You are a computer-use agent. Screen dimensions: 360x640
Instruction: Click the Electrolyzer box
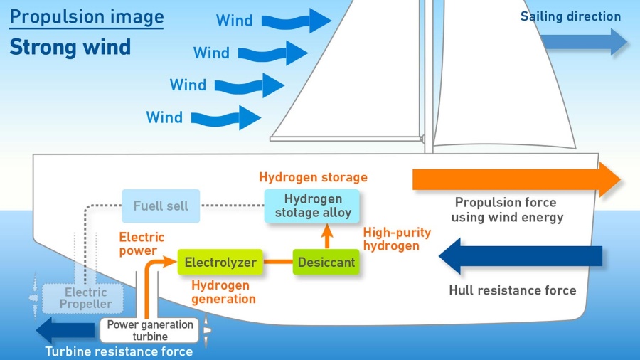pos(220,263)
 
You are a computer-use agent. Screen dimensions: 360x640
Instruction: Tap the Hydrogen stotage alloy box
pos(313,206)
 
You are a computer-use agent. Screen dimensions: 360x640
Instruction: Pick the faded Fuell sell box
pos(161,206)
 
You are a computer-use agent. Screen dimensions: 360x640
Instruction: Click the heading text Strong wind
pos(70,48)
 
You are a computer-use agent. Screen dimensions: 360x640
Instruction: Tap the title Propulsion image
pos(87,16)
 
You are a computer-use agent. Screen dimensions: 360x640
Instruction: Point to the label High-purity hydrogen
pos(397,239)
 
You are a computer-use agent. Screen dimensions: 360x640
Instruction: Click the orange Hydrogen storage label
pos(313,177)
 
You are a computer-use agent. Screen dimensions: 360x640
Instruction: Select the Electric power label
pos(142,244)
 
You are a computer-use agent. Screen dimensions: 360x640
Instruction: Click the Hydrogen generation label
pos(223,292)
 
